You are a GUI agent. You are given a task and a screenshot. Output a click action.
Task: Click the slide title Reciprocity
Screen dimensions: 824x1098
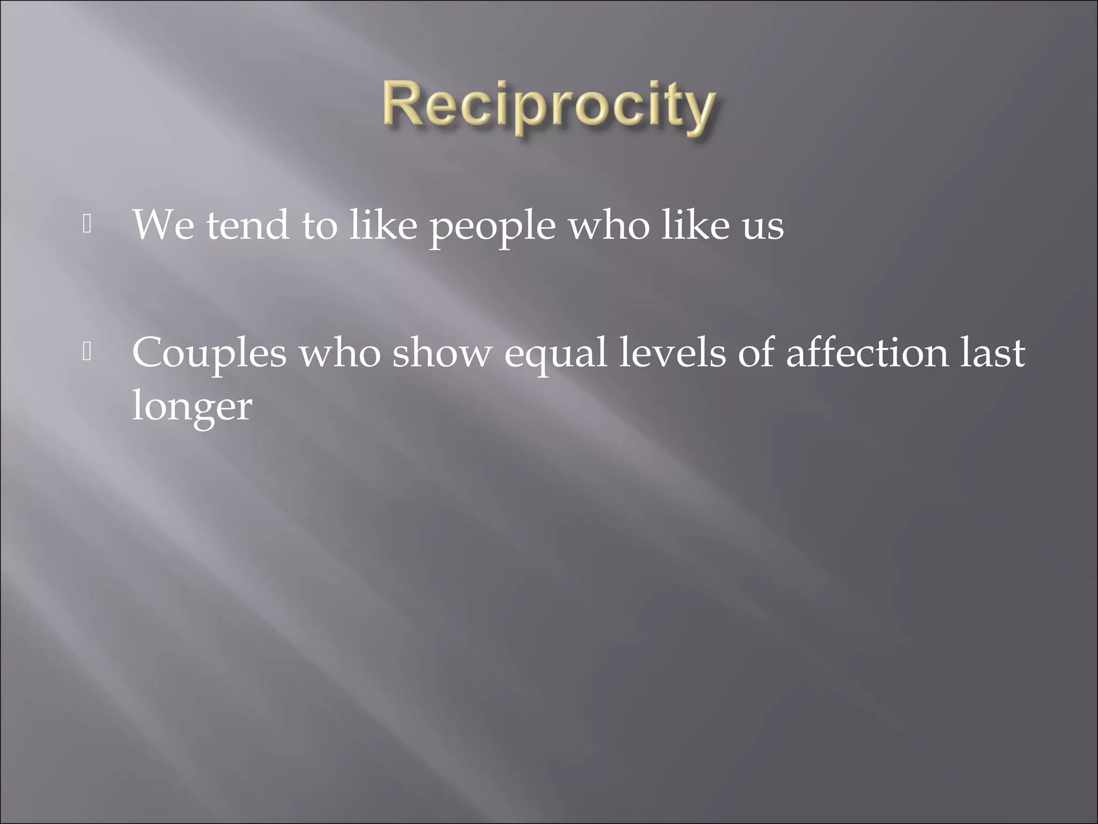[x=548, y=107]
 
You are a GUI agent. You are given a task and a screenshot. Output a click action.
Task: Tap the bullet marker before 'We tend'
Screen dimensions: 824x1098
[x=87, y=225]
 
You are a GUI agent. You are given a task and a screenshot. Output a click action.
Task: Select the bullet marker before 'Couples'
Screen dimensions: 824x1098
[x=87, y=352]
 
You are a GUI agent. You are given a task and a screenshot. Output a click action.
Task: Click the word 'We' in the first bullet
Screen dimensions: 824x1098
[x=163, y=225]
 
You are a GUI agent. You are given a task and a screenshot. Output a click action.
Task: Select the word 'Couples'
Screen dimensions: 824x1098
[x=209, y=354]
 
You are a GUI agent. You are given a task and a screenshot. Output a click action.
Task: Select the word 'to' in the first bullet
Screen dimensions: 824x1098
[x=320, y=226]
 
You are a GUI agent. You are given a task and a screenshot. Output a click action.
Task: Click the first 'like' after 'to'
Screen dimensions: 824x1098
[x=383, y=225]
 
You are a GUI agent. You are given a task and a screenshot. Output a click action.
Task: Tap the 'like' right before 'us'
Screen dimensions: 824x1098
[x=695, y=225]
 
